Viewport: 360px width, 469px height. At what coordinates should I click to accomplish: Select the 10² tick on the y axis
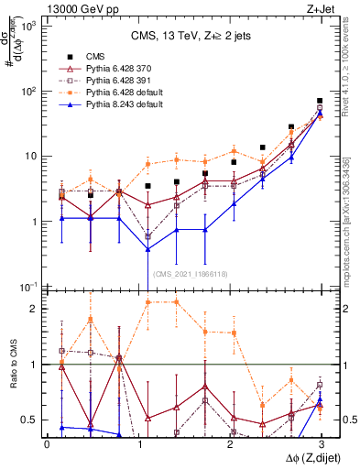(29, 92)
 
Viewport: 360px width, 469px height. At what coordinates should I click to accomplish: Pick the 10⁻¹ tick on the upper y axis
(29, 288)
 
